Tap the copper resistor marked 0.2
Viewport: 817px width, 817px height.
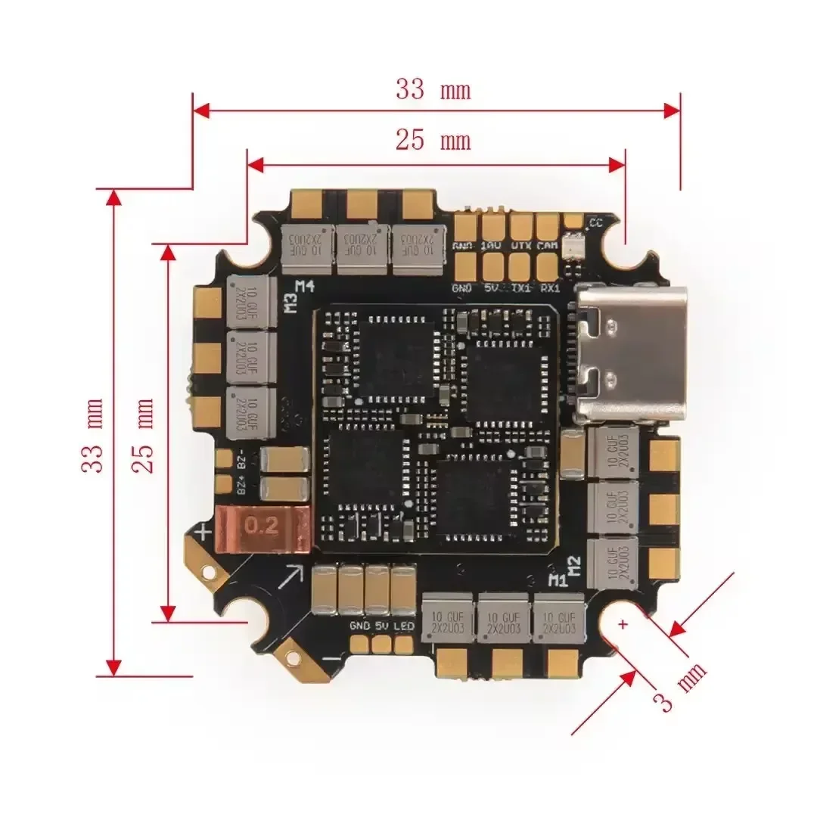(264, 528)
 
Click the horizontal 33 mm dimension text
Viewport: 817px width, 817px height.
(433, 90)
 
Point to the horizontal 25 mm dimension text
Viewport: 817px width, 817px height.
(433, 140)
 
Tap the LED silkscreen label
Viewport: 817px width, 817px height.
(403, 626)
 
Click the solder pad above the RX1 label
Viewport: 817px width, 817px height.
(547, 265)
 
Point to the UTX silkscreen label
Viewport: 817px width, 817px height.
(520, 246)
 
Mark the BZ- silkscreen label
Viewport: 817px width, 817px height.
(243, 460)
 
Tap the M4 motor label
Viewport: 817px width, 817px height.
(305, 287)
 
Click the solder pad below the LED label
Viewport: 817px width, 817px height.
(404, 644)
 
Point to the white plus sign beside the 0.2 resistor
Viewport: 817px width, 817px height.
(203, 533)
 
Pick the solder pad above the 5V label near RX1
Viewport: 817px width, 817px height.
(492, 265)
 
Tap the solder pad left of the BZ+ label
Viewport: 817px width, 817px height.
(223, 483)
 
